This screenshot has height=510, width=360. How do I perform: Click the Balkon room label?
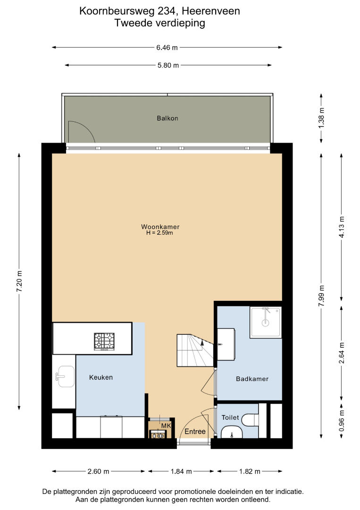point(167,118)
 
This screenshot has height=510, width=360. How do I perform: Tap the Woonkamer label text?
point(160,227)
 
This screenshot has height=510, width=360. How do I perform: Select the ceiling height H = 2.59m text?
point(159,233)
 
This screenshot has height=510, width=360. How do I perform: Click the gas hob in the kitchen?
point(104,341)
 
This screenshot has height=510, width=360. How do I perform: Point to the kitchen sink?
point(65,377)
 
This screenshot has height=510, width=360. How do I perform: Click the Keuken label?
point(100,377)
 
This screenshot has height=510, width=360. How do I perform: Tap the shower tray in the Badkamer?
point(266,323)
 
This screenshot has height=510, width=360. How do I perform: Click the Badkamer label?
point(252,379)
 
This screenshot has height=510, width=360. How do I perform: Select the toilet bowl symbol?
point(250,420)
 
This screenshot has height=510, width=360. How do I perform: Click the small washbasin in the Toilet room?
point(232,433)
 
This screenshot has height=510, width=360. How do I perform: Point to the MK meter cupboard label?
point(166,426)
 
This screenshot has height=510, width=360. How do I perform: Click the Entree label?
point(195,432)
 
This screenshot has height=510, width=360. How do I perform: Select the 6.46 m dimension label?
point(167,48)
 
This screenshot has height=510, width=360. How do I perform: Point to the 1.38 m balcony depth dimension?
point(321,118)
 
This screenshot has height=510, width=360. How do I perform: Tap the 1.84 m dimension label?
point(181,471)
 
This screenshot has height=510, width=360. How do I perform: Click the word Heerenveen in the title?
point(211,11)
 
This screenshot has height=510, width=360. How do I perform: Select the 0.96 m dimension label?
point(342,421)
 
